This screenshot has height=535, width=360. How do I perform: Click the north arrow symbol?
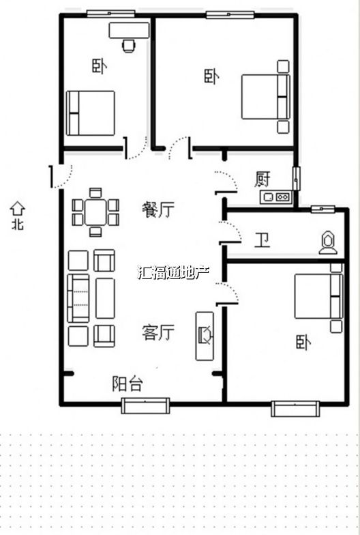point(17,208)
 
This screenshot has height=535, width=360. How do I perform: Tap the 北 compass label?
point(18,224)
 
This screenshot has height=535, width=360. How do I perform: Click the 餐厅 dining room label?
point(158,209)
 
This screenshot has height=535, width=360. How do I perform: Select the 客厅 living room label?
point(158,332)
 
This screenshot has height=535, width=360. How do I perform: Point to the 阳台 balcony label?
point(127,384)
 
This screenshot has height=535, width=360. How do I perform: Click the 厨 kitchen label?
point(262,179)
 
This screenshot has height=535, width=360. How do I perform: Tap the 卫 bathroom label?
point(262,240)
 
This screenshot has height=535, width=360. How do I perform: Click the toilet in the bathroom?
point(328,243)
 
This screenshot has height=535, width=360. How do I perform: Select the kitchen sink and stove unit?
point(276,197)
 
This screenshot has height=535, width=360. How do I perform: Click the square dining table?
point(95,212)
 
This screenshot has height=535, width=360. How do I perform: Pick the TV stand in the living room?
point(205,336)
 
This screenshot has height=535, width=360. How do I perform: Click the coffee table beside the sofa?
point(105,298)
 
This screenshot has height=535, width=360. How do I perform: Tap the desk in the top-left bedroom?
point(129,30)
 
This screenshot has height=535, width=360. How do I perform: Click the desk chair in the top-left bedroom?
point(128,46)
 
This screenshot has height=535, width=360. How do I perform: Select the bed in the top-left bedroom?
point(90,113)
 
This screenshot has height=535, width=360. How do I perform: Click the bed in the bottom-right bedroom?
point(318,296)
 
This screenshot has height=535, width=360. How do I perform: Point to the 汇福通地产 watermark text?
point(173,272)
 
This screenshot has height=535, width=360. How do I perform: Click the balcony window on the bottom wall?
point(146,405)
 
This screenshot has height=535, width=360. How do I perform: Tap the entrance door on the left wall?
point(61,176)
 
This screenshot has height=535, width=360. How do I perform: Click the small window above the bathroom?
point(322,209)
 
